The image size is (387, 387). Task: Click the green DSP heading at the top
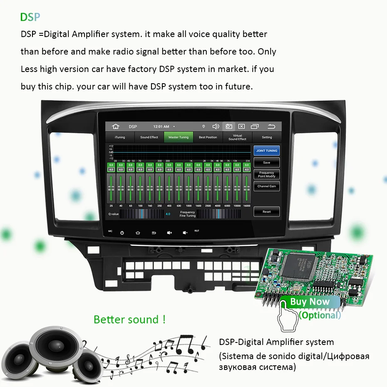30,17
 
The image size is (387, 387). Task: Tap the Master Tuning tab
179,137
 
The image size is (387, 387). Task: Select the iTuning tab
120,137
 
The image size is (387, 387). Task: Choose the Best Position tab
208,137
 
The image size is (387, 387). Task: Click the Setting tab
267,137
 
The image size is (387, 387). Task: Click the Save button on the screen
267,162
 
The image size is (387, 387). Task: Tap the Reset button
267,211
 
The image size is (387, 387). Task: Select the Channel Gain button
267,186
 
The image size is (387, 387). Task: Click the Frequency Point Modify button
267,174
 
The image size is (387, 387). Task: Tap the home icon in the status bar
116,127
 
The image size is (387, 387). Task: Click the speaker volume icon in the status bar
216,127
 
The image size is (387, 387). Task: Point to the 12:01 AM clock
161,127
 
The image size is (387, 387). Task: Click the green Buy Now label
310,302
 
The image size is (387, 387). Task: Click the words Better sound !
130,320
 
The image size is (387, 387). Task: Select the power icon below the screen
122,233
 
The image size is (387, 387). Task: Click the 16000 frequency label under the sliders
247,206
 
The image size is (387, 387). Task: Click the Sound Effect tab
149,137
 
